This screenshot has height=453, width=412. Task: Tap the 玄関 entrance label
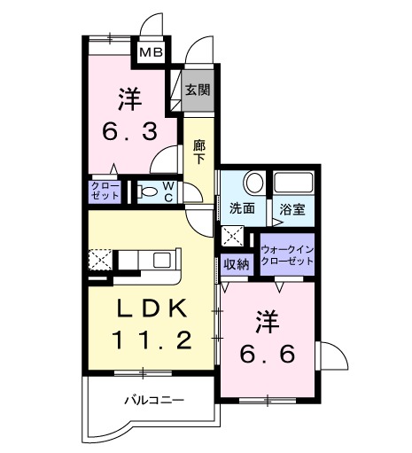coord(197,89)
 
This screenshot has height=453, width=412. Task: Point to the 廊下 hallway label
coord(198,151)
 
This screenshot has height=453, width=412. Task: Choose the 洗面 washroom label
coord(242,208)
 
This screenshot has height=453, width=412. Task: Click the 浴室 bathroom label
coord(292,209)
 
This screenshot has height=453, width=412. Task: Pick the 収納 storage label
coord(236,262)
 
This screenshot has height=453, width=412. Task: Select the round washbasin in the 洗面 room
coord(253,184)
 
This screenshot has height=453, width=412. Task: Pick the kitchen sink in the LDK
coord(161,260)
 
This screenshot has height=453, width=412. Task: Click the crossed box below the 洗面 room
coord(232,236)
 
